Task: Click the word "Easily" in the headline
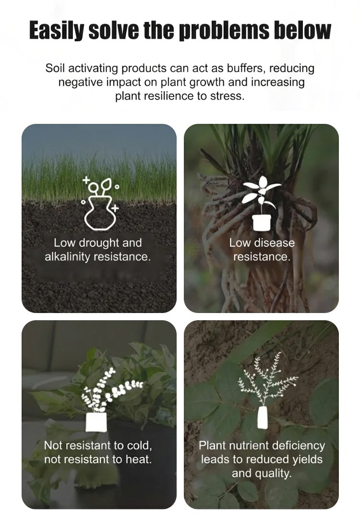coord(56,31)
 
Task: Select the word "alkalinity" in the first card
coord(67,257)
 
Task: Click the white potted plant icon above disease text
coord(262,203)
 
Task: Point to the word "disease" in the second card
coord(274,243)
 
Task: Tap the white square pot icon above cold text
coord(96,422)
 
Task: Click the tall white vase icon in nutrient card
coord(263,418)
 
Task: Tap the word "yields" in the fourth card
coord(308,459)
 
